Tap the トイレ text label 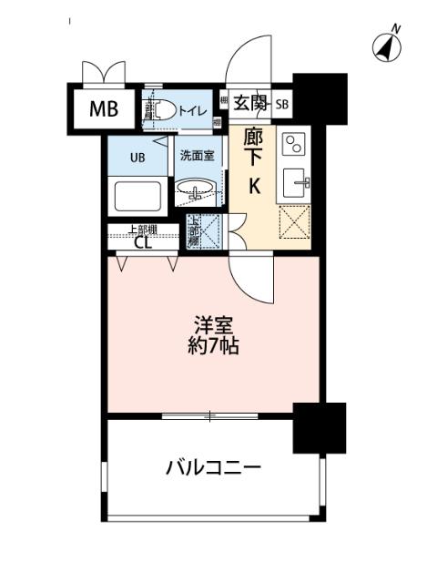[191, 110]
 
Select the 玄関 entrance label [249, 103]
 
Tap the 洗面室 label [196, 155]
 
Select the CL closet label [143, 242]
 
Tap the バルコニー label [214, 468]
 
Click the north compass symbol [389, 46]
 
